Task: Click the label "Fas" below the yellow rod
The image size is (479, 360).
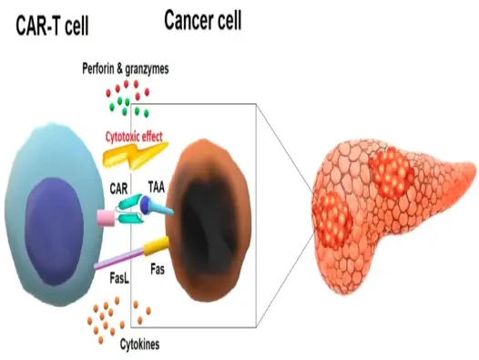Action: click(157, 271)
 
